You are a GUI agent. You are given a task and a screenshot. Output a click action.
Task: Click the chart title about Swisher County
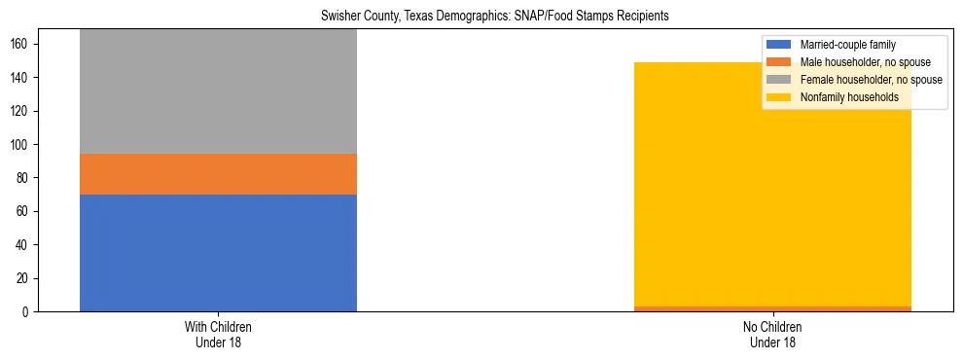point(481,17)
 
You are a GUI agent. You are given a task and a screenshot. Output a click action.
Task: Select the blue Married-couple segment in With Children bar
point(218,253)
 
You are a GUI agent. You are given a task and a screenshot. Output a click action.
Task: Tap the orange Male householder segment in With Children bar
point(218,174)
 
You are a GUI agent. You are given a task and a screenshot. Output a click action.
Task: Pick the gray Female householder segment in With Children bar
point(218,91)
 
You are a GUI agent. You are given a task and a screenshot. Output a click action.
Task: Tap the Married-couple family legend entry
point(847,45)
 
